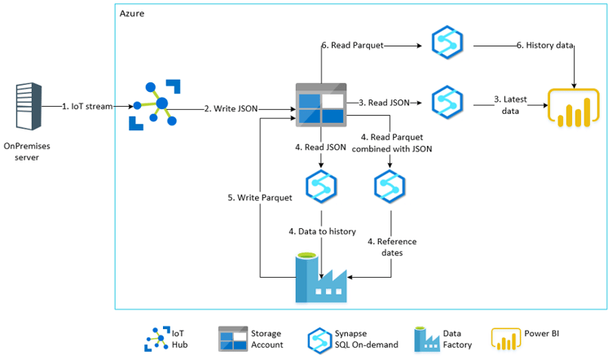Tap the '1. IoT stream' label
tap(87, 107)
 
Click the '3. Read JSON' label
tap(384, 103)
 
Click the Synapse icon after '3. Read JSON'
tap(447, 102)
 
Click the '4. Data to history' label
tap(322, 231)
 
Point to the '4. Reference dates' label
tap(393, 247)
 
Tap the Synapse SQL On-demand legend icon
tap(320, 339)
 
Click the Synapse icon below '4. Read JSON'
tap(321, 187)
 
